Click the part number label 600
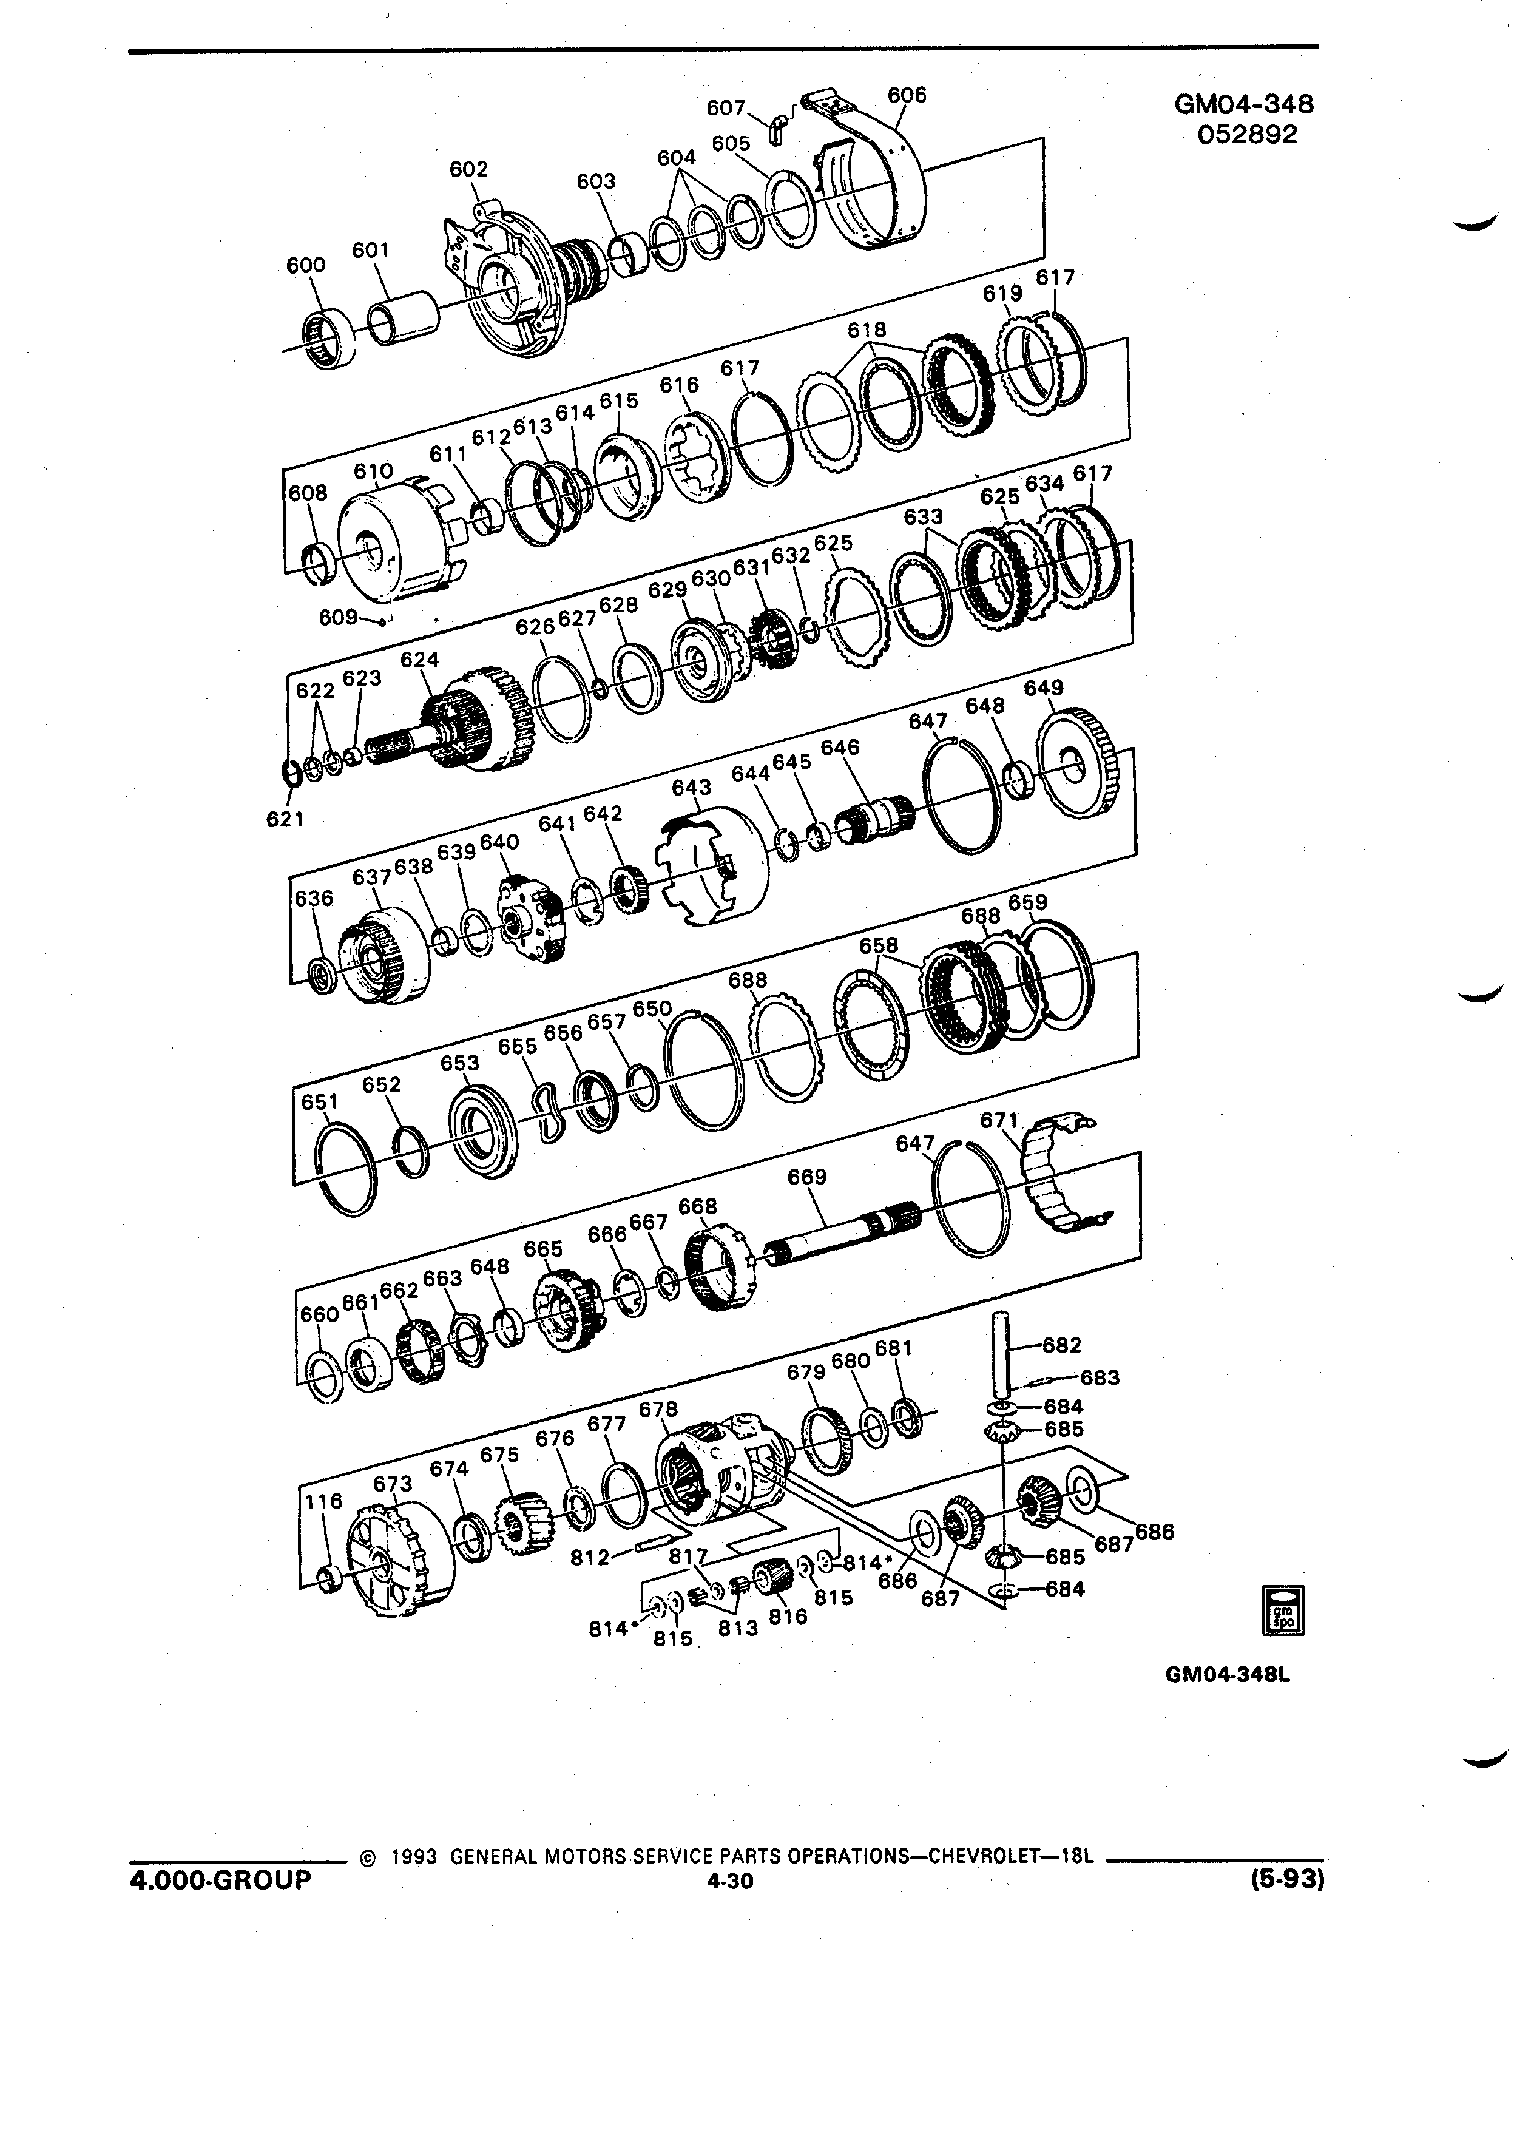point(306,266)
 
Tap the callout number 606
point(907,95)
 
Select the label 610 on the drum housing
point(373,471)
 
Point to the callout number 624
point(419,660)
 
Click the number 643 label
point(691,786)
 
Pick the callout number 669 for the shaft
point(807,1177)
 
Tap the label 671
point(1000,1121)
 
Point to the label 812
point(590,1558)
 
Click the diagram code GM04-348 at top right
point(1244,104)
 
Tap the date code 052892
point(1247,135)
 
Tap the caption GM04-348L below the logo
point(1225,1675)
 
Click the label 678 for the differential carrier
point(658,1410)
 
